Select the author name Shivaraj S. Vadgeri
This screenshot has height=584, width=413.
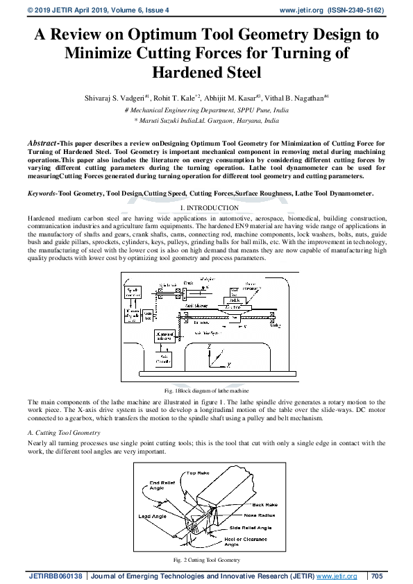[x=112, y=98]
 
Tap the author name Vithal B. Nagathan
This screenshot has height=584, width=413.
[x=296, y=98]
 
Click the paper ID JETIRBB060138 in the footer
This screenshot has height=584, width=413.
[x=55, y=576]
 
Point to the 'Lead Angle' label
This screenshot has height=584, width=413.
[x=153, y=517]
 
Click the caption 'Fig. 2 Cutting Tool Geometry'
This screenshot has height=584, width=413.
[x=206, y=560]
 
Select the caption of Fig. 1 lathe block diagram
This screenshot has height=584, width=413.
[x=206, y=391]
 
